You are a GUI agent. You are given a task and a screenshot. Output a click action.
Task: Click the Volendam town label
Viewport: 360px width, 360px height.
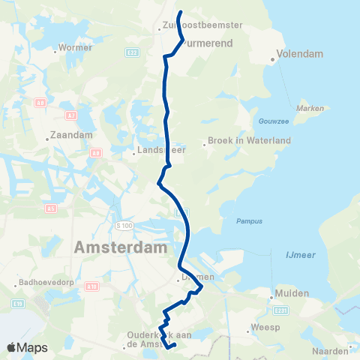tap(299, 55)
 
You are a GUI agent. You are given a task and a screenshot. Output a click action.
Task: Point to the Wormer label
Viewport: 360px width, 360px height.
tap(76, 47)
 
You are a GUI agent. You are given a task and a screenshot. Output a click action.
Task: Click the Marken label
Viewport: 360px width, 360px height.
tap(310, 109)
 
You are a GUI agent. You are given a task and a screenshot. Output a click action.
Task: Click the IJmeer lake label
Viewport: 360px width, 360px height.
tap(300, 255)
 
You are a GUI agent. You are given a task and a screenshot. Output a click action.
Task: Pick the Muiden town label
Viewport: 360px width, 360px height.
tap(292, 293)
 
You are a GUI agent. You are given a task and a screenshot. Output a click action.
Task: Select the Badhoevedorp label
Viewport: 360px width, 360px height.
tap(47, 284)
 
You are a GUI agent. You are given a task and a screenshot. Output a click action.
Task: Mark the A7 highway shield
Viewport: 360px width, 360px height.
tap(71, 115)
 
